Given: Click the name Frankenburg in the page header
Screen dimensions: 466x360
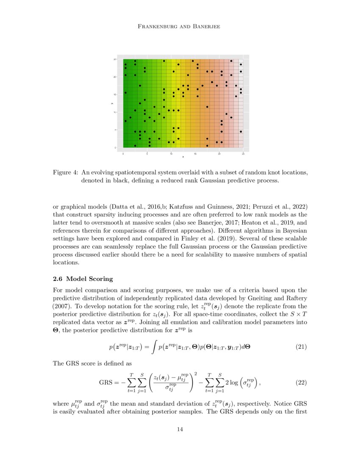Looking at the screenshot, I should pyautogui.click(x=158, y=27).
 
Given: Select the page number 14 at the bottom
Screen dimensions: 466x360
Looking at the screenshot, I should pyautogui.click(x=180, y=430).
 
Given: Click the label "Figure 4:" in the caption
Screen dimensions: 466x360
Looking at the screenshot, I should pyautogui.click(x=66, y=173).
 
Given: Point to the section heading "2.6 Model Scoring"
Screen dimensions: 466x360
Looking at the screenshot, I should pyautogui.click(x=83, y=279).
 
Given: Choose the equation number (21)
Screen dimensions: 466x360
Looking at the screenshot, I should pyautogui.click(x=300, y=347).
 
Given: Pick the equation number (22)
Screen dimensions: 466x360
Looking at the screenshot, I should pyautogui.click(x=300, y=382).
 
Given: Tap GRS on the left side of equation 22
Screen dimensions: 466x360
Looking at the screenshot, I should pyautogui.click(x=105, y=383).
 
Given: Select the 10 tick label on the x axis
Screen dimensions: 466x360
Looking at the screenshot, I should pyautogui.click(x=171, y=154).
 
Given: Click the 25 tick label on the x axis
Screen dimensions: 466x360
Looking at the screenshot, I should pyautogui.click(x=243, y=154).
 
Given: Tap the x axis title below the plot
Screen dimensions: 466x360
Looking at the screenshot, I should pyautogui.click(x=183, y=157).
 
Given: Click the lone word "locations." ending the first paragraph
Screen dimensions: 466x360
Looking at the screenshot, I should pyautogui.click(x=66, y=262).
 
